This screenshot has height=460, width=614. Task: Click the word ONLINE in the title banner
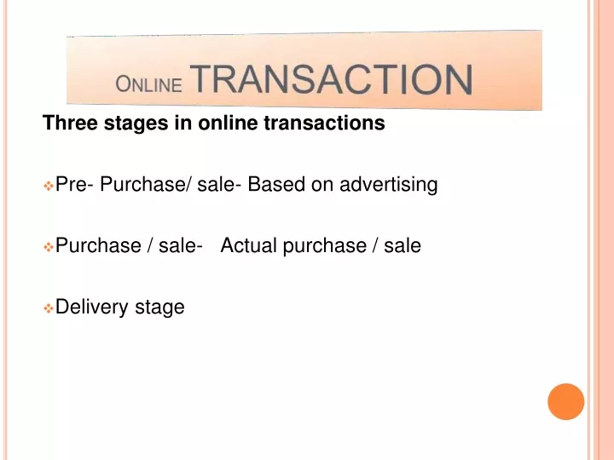tap(148, 84)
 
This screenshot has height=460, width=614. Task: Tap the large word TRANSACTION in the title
tap(331, 79)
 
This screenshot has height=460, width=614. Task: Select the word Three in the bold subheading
tap(70, 123)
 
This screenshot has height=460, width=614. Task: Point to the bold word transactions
tap(324, 123)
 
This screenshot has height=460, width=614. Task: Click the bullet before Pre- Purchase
tap(48, 186)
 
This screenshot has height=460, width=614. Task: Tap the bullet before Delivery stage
tap(48, 308)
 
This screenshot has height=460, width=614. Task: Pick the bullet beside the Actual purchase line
tap(48, 247)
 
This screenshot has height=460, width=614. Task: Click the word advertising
tap(389, 185)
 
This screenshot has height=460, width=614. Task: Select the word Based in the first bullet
tap(276, 184)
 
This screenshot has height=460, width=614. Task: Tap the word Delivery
tap(91, 307)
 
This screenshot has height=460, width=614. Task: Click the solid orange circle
tap(566, 402)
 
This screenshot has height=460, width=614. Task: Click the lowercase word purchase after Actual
tap(325, 246)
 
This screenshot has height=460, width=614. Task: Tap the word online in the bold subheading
tap(228, 123)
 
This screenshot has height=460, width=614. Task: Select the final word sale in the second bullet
tap(403, 245)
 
